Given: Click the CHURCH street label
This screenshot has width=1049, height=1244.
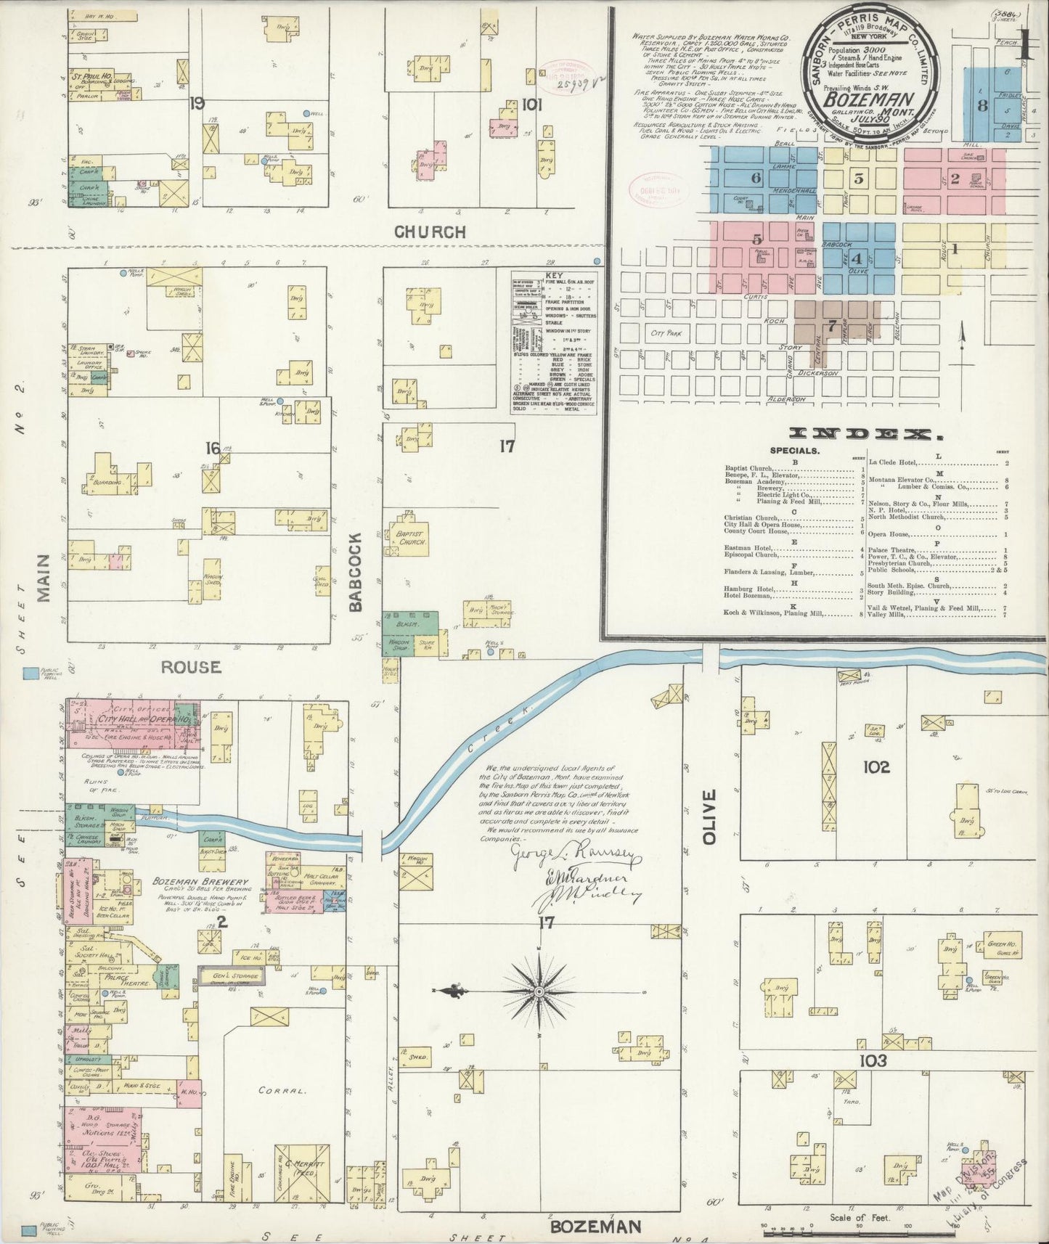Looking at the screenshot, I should coord(430,232).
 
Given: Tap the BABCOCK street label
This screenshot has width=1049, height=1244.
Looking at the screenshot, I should coord(356,573).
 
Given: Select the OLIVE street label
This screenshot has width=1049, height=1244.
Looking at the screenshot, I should coord(710,817).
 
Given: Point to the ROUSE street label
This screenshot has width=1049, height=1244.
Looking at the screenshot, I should coord(191,666).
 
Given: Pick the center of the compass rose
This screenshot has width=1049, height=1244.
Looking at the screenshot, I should coord(540,991).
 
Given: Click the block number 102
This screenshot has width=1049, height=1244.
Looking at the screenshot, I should coord(876,767).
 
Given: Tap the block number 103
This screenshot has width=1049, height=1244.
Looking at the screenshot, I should coord(873,1061).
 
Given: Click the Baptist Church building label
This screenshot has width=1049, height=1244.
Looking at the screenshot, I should coord(411,538).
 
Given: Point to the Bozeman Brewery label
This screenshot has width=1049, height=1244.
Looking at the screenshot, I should coord(201,882).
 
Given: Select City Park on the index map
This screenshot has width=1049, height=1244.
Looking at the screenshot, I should coord(667,334).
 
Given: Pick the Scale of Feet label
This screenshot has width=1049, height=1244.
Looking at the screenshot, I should coord(859,1218).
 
